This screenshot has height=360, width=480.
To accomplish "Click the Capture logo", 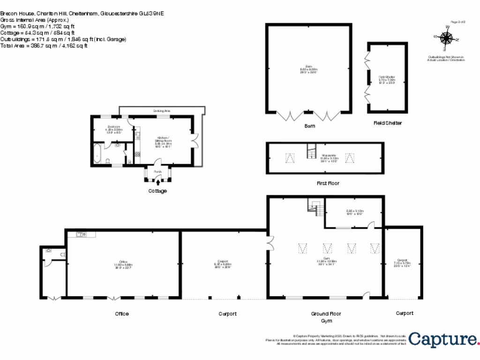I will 442,339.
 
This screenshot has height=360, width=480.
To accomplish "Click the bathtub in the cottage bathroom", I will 97,154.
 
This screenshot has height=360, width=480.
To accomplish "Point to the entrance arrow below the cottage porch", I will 157,182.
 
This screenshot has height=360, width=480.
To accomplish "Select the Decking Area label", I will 162,111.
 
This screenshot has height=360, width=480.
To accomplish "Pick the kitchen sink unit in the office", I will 81,234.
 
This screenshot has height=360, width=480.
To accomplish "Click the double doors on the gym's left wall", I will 270,243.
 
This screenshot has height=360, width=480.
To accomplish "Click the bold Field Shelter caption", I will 387,123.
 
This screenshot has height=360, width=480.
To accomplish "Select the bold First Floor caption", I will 328,183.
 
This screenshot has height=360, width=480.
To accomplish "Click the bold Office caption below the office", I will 121,314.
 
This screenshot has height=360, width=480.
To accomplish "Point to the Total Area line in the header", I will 44,46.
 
